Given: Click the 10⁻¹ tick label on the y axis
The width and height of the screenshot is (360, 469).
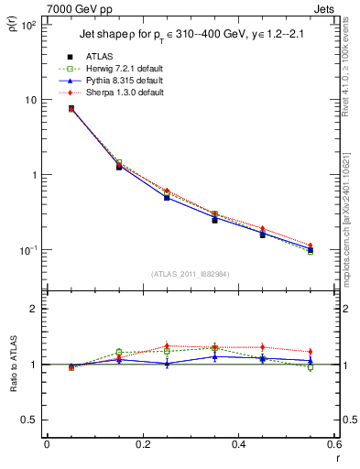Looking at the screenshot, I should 27,249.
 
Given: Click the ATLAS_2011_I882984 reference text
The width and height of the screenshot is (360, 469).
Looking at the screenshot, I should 190,273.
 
